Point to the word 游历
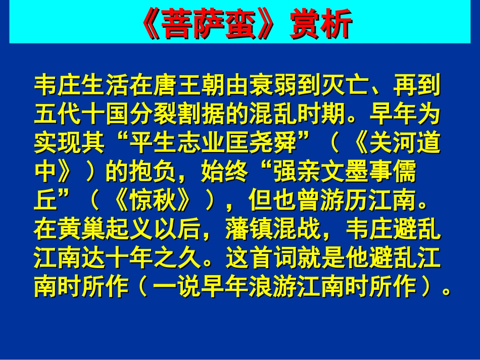pos(356,203)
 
